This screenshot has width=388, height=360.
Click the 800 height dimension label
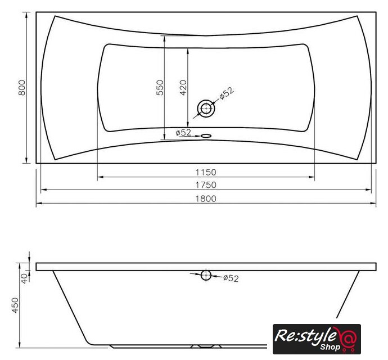(22, 88)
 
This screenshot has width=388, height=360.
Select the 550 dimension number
(160, 88)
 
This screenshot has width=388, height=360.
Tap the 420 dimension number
(183, 88)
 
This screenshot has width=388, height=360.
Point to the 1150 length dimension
(206, 172)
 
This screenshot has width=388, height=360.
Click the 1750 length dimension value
(206, 185)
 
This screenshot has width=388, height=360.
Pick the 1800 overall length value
(206, 199)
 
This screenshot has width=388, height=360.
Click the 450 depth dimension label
(15, 305)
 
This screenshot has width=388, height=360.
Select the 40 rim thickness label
(25, 278)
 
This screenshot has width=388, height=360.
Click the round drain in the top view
(206, 109)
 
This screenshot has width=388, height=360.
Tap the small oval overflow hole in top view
(206, 136)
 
